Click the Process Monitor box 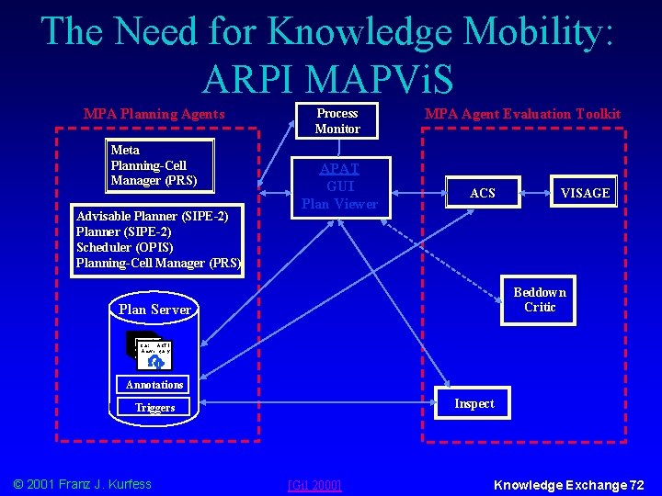337,120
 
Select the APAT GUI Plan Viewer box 340,186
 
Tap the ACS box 482,193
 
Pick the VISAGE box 585,193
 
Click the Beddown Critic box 540,299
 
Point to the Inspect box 474,404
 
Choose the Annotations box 154,385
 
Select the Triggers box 154,407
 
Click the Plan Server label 154,310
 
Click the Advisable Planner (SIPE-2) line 152,216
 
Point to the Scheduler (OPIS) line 124,247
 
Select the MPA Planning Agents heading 154,114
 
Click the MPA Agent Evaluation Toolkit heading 522,114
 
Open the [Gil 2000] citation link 314,484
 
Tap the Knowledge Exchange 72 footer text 569,484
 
